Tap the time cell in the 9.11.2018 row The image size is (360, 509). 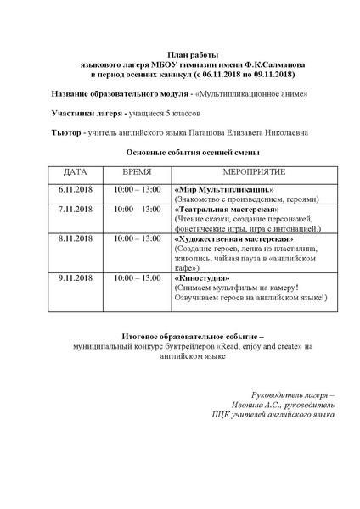(x=138, y=277)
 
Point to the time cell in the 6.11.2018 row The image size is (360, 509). (x=138, y=188)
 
